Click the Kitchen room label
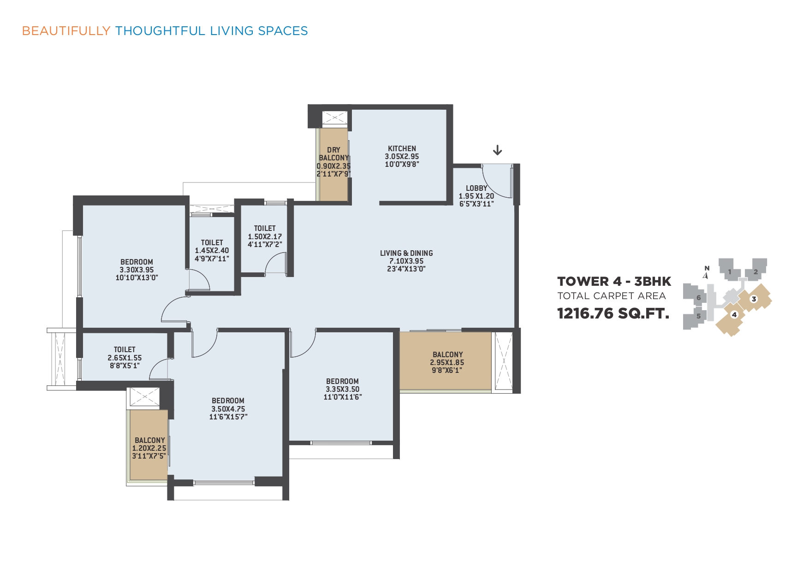tap(402, 148)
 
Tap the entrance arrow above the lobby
tap(497, 150)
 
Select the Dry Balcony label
tap(333, 154)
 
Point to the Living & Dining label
tap(406, 253)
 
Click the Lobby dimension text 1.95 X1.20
tap(476, 196)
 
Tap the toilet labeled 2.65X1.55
tap(125, 357)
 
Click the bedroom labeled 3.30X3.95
tap(137, 270)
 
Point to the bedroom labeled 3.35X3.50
tap(342, 389)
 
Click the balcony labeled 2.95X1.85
tap(447, 362)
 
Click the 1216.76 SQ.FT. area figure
tap(613, 313)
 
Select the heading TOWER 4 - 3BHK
tap(614, 281)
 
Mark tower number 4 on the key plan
tap(734, 315)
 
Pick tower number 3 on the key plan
tap(754, 299)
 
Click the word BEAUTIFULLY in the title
tap(66, 31)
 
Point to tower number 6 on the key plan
tap(698, 298)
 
